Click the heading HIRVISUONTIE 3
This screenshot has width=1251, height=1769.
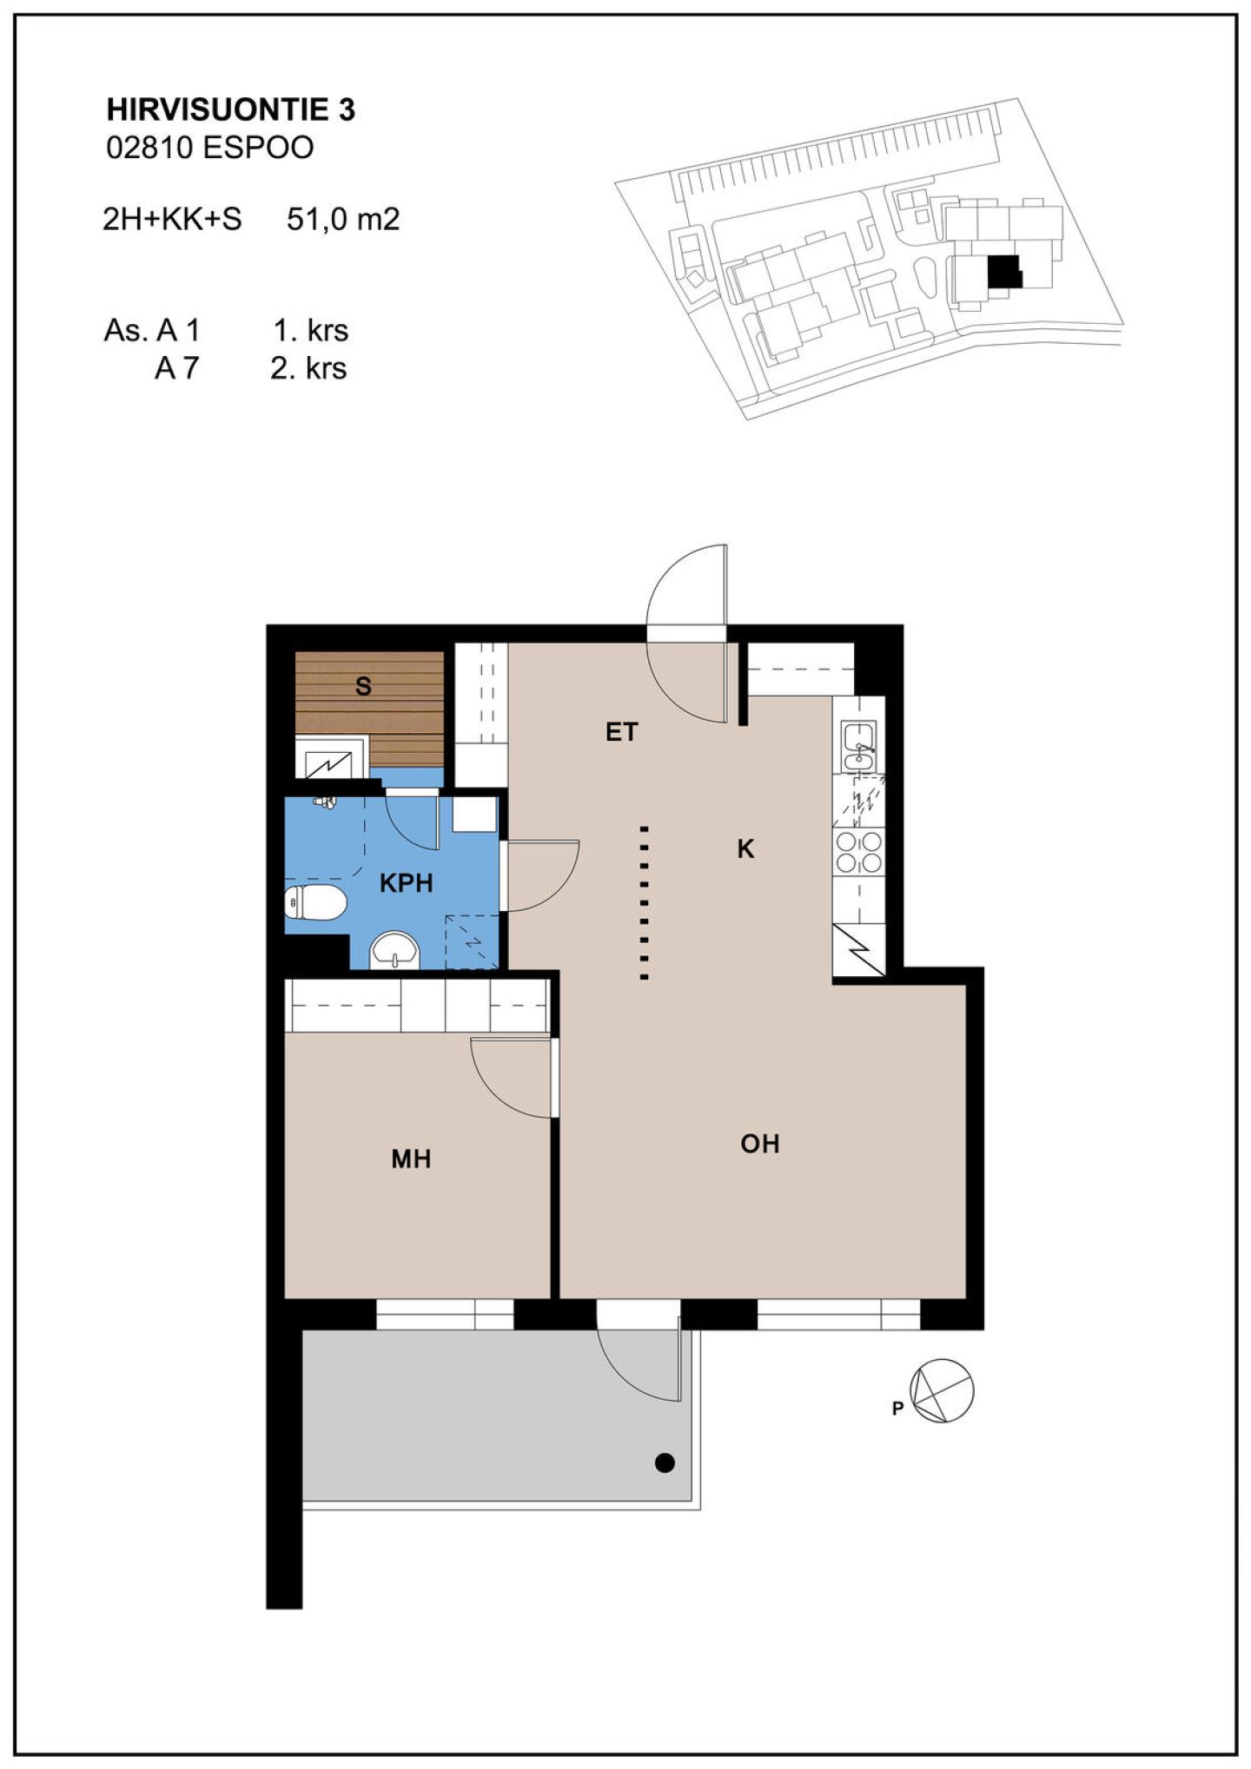tap(230, 109)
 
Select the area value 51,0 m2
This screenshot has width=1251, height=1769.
tap(343, 219)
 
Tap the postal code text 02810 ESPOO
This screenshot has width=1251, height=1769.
tap(209, 148)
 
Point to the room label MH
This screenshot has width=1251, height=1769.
tap(411, 1158)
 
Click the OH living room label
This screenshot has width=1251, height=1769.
tap(759, 1144)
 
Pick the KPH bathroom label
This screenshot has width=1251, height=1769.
tap(406, 883)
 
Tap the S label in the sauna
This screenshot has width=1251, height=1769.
tap(363, 686)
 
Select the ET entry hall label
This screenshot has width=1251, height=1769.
tap(621, 732)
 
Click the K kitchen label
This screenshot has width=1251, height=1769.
tap(745, 848)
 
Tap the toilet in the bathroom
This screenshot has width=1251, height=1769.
tap(315, 902)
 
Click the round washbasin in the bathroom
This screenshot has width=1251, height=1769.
tap(395, 950)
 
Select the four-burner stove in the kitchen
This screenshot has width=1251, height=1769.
tap(858, 851)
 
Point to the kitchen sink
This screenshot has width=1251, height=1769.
tap(859, 746)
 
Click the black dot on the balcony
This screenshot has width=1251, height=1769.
tap(665, 1463)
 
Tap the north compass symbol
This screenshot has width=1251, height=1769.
tap(942, 1390)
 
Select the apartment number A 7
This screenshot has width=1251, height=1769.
tap(176, 368)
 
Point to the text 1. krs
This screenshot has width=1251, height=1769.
tap(310, 330)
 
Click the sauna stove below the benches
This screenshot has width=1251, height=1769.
tap(331, 757)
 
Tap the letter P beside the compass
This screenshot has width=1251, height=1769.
tap(897, 1409)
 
